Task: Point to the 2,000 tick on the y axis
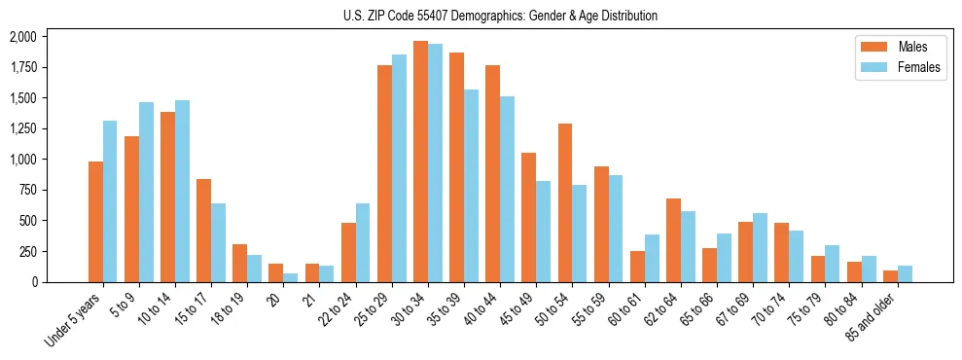click(x=22, y=37)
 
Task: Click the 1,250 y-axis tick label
click(x=22, y=129)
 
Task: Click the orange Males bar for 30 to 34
click(x=420, y=162)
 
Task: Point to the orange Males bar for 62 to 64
click(x=673, y=240)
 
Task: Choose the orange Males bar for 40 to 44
click(x=492, y=173)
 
